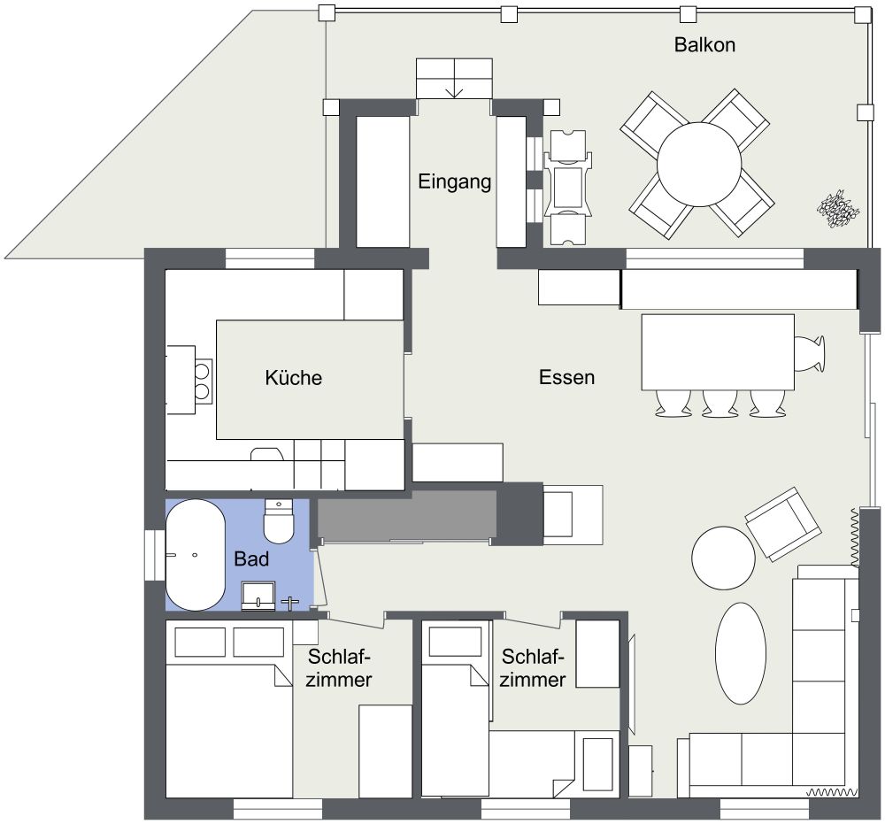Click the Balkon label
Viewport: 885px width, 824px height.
click(704, 44)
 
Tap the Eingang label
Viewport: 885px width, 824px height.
click(454, 182)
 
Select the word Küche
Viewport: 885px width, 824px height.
click(294, 378)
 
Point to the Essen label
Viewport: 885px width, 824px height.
click(567, 377)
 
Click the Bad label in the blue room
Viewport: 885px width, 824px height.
click(251, 559)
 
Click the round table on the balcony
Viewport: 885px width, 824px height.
click(699, 163)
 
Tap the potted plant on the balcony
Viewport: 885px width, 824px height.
click(837, 210)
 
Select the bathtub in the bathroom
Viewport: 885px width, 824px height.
click(195, 555)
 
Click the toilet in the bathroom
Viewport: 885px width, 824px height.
click(279, 522)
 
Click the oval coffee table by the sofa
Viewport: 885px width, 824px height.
click(740, 653)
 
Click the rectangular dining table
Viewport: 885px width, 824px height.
click(717, 351)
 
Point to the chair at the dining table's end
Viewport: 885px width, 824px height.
click(809, 352)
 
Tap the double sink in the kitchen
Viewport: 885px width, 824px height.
click(203, 379)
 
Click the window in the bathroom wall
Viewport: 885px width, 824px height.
click(154, 555)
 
